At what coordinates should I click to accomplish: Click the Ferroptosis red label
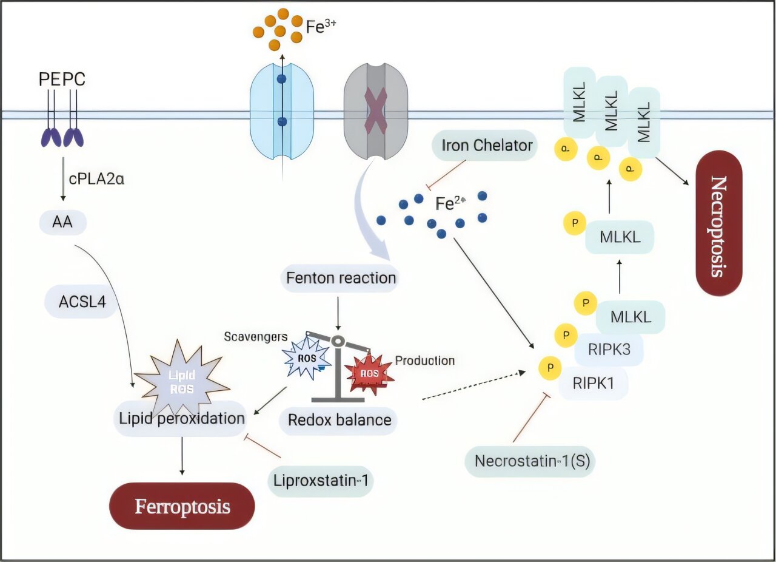pyautogui.click(x=181, y=506)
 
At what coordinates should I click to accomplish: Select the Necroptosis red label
pyautogui.click(x=718, y=223)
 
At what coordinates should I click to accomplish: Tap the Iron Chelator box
pyautogui.click(x=484, y=146)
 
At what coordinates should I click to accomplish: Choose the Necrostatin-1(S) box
pyautogui.click(x=530, y=461)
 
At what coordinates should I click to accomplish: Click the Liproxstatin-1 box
pyautogui.click(x=320, y=482)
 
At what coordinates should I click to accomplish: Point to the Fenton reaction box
pyautogui.click(x=341, y=279)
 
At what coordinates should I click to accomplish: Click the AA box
pyautogui.click(x=62, y=223)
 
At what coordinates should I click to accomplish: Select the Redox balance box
pyautogui.click(x=339, y=419)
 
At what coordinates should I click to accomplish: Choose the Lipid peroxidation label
pyautogui.click(x=181, y=418)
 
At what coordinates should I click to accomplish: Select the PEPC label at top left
pyautogui.click(x=62, y=80)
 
